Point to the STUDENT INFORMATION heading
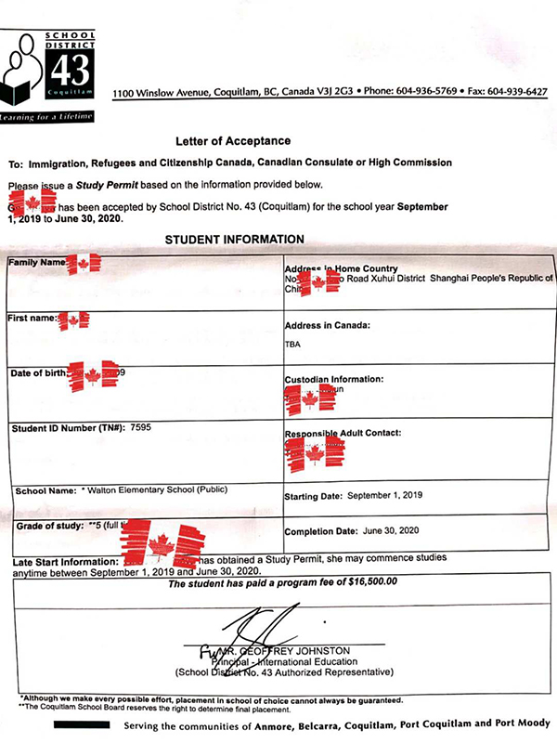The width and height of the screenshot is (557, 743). click(x=234, y=240)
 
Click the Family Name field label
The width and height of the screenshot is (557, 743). click(x=37, y=263)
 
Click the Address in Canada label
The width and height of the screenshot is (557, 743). click(x=328, y=326)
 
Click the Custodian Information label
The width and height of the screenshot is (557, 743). click(x=333, y=380)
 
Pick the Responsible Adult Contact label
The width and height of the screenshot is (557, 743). click(x=343, y=434)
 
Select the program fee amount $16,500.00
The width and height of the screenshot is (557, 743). click(x=362, y=582)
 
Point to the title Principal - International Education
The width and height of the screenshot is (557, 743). click(x=288, y=661)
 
